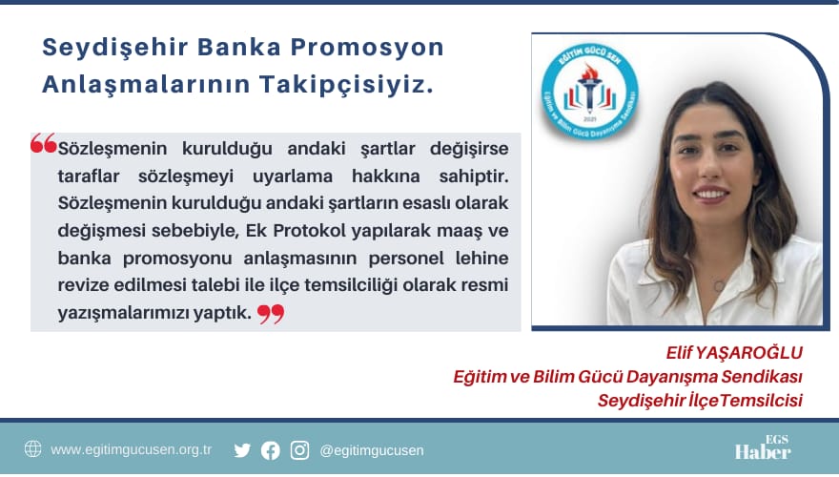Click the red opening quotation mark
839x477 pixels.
(x=43, y=144)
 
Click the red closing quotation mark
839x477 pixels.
(x=271, y=314)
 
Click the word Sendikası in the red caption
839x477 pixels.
(x=763, y=377)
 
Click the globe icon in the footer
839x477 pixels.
(x=32, y=449)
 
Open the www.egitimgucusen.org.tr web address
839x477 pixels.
(x=131, y=449)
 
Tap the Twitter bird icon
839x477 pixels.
(x=242, y=450)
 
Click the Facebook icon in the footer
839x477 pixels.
(x=271, y=450)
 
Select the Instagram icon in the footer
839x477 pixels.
(x=299, y=450)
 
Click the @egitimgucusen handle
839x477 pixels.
(x=372, y=450)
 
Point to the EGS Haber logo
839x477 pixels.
(x=763, y=449)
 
